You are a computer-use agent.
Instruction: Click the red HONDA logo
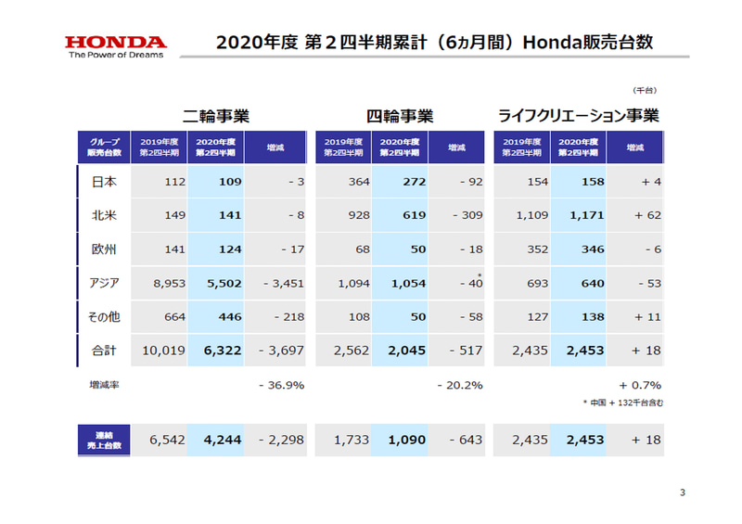(x=116, y=42)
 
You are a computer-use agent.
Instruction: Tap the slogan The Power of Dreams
(x=116, y=55)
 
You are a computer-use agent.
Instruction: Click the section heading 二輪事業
(x=216, y=116)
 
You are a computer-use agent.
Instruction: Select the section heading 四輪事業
(x=400, y=116)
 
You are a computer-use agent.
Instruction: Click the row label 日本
(x=104, y=182)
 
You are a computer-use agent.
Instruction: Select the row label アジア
(x=103, y=283)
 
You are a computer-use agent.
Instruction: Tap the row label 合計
(x=104, y=351)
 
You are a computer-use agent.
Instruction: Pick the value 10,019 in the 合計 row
(x=163, y=351)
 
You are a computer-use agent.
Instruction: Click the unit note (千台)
(x=645, y=90)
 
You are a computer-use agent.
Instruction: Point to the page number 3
(x=682, y=492)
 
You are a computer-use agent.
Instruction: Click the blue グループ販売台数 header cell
(x=103, y=147)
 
